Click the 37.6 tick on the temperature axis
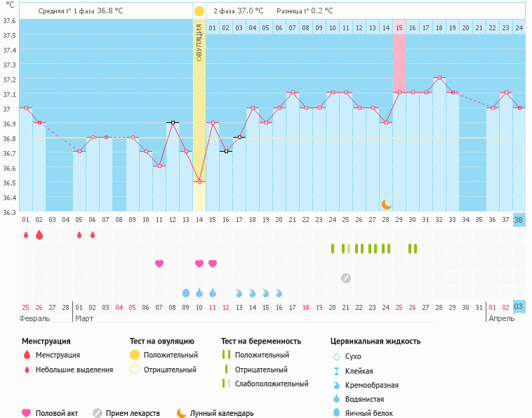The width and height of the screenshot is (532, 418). pos(9,20)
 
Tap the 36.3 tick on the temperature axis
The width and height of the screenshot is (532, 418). pos(9,211)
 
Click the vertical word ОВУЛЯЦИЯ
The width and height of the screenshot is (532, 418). pos(199,43)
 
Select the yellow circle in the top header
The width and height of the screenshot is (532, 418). pos(199,11)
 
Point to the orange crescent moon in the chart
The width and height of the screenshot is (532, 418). pos(387,204)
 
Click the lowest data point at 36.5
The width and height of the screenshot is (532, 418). pos(199,181)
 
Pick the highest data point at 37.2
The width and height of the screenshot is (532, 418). pos(439,78)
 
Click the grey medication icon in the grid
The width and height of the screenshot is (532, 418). pos(345,277)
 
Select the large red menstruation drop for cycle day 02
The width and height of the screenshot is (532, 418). pos(39,234)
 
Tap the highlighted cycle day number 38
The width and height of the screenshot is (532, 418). pos(519,219)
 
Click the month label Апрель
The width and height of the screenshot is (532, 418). pos(501,318)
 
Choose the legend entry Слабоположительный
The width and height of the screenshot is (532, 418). pos(271,384)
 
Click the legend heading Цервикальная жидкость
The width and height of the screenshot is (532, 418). pos(375,341)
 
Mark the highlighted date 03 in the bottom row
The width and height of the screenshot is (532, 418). pos(519,307)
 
